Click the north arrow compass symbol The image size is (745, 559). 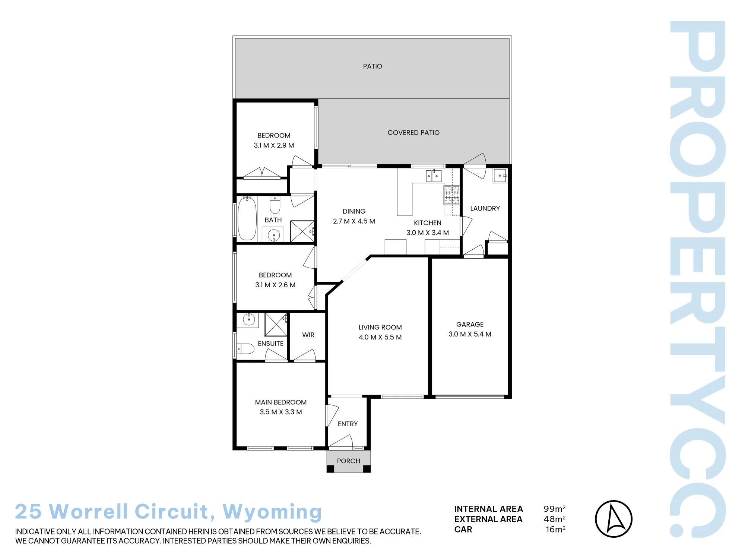[x=614, y=519]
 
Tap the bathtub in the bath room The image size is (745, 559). [x=247, y=219]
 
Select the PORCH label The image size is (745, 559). [x=349, y=461]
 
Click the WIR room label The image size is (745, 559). [x=308, y=335]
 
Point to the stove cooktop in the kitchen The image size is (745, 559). [x=451, y=195]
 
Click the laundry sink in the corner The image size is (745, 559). [x=500, y=176]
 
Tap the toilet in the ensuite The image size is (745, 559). [x=245, y=348]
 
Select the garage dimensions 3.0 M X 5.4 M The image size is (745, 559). [x=470, y=334]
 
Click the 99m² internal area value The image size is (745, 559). [x=555, y=509]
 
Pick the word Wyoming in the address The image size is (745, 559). [x=272, y=512]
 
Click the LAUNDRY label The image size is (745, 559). [x=485, y=208]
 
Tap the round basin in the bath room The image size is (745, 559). [x=274, y=235]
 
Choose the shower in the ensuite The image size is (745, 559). [x=276, y=325]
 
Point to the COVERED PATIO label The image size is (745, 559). [x=413, y=133]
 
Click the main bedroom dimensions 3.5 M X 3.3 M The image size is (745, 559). [x=281, y=412]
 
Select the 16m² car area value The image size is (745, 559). [x=556, y=530]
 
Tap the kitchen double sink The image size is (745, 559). [x=434, y=176]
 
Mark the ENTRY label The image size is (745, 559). [x=348, y=424]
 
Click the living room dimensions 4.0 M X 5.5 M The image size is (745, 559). [x=380, y=337]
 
